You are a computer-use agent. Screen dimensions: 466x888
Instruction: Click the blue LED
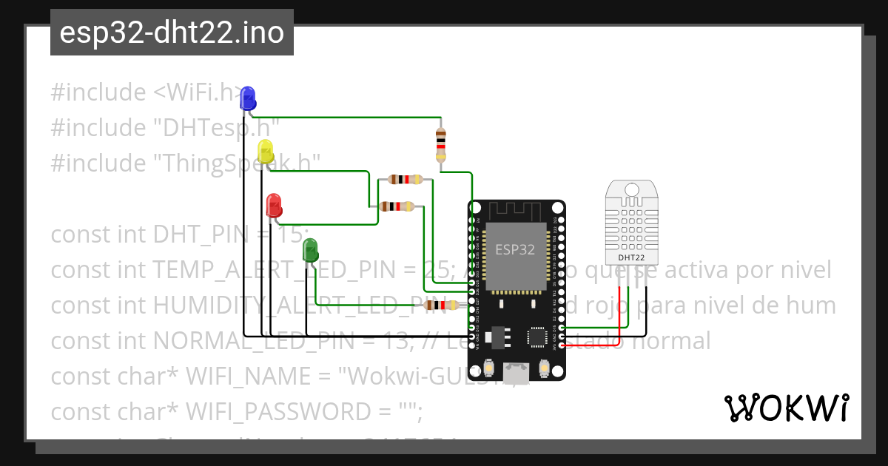tap(248, 96)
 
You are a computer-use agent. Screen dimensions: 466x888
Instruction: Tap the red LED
tap(273, 203)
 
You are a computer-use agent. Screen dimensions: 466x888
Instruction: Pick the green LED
tap(310, 249)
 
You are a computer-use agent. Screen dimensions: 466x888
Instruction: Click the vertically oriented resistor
tap(441, 145)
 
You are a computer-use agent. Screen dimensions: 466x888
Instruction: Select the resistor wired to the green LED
tap(443, 305)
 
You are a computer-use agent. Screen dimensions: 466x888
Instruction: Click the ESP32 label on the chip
tap(514, 249)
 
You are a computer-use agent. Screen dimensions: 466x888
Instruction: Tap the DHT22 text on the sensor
tap(630, 257)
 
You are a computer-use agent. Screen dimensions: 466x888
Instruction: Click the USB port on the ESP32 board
tap(517, 371)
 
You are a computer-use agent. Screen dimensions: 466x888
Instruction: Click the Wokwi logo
tap(786, 408)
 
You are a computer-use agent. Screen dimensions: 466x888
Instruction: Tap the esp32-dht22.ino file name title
tap(172, 33)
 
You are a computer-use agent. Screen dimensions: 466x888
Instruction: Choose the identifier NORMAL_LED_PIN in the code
tap(239, 341)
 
